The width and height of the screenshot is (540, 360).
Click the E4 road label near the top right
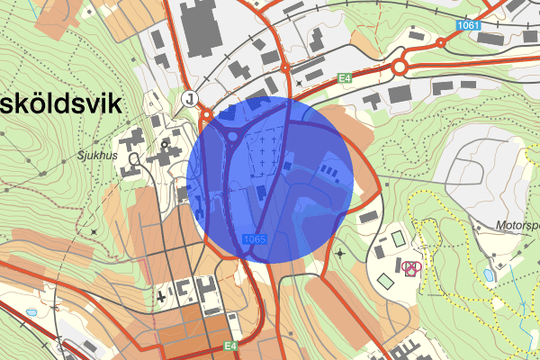point(344,78)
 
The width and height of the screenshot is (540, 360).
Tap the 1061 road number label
point(466,24)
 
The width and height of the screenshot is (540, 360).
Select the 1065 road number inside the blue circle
point(255,238)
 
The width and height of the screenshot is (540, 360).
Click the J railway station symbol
point(190,96)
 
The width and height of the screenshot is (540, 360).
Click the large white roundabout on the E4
point(400,67)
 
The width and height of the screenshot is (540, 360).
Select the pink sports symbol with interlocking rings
point(411,266)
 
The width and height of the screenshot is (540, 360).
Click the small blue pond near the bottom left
point(32,311)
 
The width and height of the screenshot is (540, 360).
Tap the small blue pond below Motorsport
point(488,273)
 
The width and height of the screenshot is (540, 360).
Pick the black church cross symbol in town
point(160,294)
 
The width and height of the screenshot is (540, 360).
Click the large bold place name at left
point(59,103)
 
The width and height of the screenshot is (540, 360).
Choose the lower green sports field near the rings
point(386,281)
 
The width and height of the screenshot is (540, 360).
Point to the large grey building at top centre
point(202,27)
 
